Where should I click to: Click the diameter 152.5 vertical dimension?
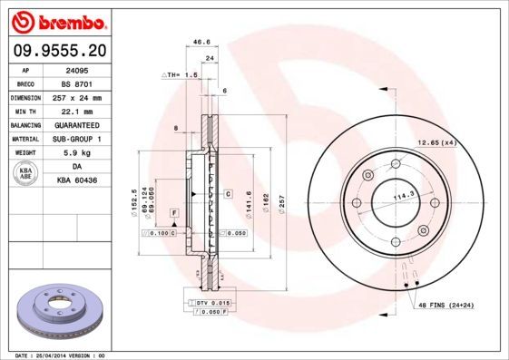pos(134,199)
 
